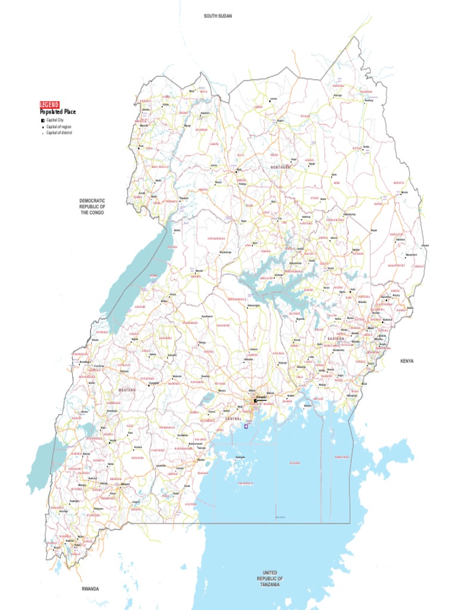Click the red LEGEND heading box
tap(49, 104)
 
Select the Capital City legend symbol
tap(42, 120)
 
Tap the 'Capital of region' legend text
tap(58, 127)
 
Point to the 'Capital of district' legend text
tap(59, 133)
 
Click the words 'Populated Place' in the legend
tap(58, 111)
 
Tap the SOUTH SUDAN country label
tap(218, 15)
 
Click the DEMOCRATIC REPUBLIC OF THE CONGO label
tap(92, 207)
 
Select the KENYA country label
tap(407, 361)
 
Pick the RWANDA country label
tap(91, 589)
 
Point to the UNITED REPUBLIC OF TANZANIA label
tap(270, 578)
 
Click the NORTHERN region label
tap(280, 168)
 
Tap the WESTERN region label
tap(126, 390)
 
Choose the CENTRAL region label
tap(233, 419)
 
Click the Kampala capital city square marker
tap(255, 400)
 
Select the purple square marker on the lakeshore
tap(246, 427)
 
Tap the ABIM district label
tap(336, 183)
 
